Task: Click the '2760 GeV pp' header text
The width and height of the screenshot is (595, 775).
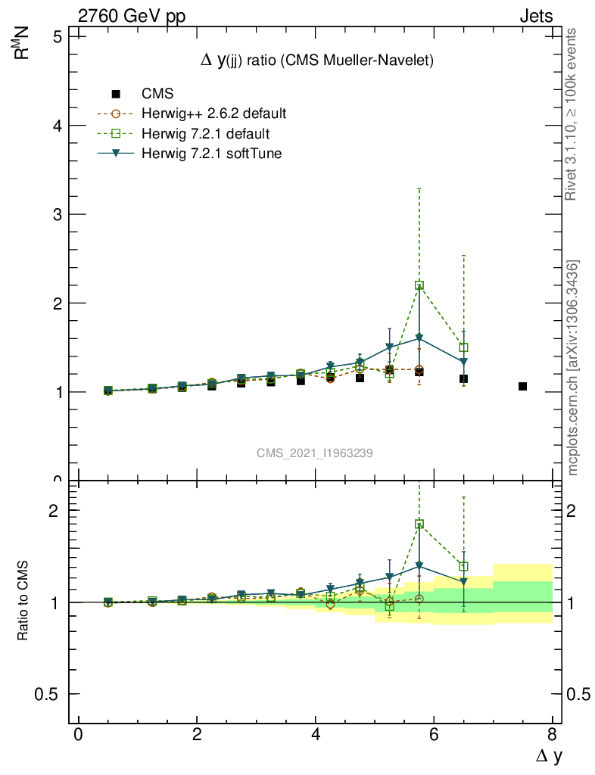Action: tap(132, 17)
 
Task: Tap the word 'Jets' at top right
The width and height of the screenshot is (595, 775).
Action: tap(535, 17)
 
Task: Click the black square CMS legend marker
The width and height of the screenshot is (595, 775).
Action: tap(116, 94)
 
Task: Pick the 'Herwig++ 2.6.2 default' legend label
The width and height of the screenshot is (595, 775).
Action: tap(213, 114)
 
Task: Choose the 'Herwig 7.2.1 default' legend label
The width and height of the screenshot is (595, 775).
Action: tap(205, 134)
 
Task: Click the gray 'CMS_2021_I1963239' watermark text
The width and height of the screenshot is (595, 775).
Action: tap(314, 453)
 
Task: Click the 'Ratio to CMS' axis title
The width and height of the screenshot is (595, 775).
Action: tap(23, 602)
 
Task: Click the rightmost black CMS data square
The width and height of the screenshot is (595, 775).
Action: tap(522, 387)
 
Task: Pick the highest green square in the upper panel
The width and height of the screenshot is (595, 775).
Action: tap(419, 285)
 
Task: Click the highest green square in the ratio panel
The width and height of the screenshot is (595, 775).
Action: tap(419, 524)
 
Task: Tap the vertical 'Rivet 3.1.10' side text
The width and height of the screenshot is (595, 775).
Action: tap(572, 114)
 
